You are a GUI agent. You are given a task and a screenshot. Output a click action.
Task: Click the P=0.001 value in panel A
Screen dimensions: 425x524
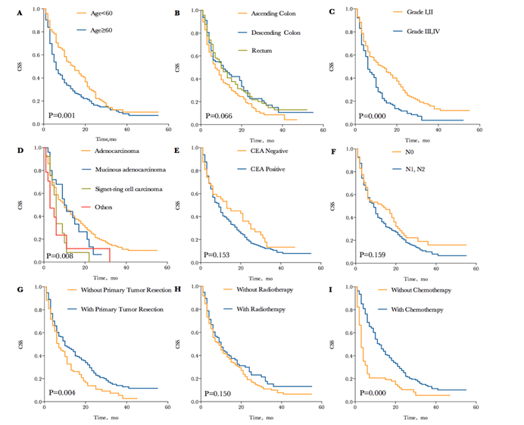[62, 116]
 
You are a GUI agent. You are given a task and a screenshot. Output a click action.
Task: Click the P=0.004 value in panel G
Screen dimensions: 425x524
[62, 392]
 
